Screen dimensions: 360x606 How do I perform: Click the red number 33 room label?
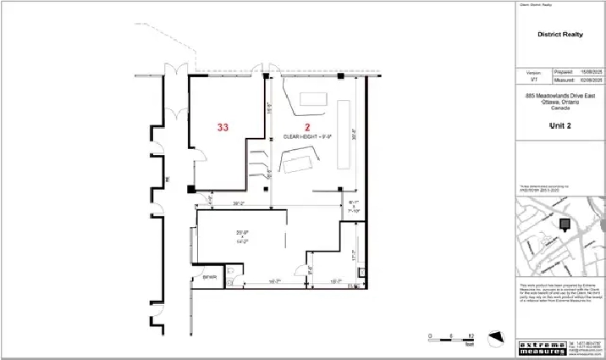coord(223,127)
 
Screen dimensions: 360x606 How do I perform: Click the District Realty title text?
coord(559,35)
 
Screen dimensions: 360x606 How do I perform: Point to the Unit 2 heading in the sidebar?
coord(559,125)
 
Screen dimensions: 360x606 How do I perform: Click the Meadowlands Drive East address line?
coord(559,97)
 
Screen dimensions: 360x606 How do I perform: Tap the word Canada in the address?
coord(559,108)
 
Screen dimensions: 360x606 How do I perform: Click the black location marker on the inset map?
coord(565,224)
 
